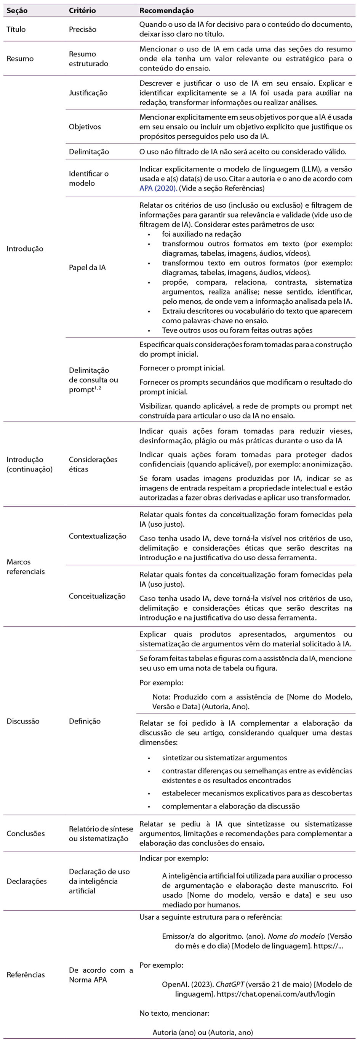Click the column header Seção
pyautogui.click(x=17, y=11)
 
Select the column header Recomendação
pyautogui.click(x=166, y=11)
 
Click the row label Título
pyautogui.click(x=16, y=29)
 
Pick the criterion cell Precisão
pyautogui.click(x=83, y=29)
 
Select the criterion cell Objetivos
pyautogui.click(x=85, y=127)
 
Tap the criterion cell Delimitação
pyautogui.click(x=89, y=152)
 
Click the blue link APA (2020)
pyautogui.click(x=158, y=188)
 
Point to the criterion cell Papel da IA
pyautogui.click(x=87, y=268)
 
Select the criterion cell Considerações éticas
pyautogui.click(x=93, y=464)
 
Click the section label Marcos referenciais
pyautogui.click(x=25, y=567)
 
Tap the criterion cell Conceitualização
pyautogui.click(x=97, y=596)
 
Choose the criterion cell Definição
pyautogui.click(x=85, y=721)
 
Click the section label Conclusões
pyautogui.click(x=25, y=833)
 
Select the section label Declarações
pyautogui.click(x=26, y=881)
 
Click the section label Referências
pyautogui.click(x=25, y=975)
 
